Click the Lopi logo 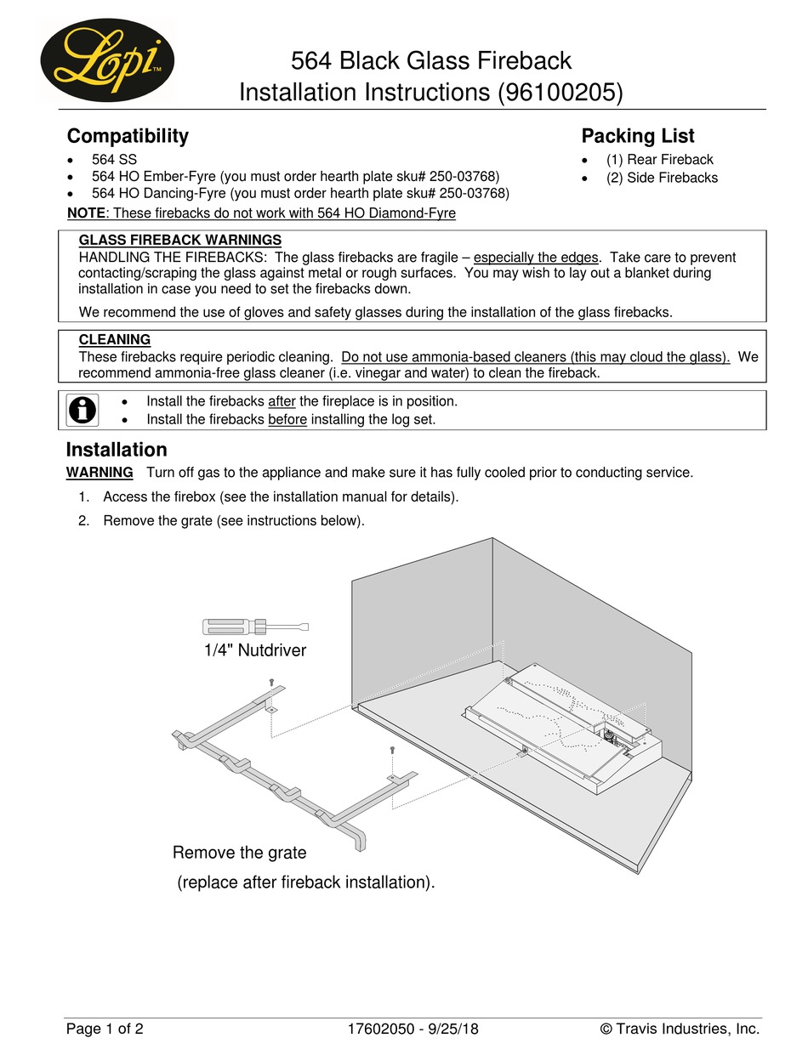pyautogui.click(x=107, y=60)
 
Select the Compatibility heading pyautogui.click(x=128, y=136)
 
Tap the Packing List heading pyautogui.click(x=637, y=136)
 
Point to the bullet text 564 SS pyautogui.click(x=114, y=160)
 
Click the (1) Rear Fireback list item pyautogui.click(x=659, y=160)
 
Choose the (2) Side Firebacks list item pyautogui.click(x=662, y=178)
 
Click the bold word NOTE pyautogui.click(x=86, y=213)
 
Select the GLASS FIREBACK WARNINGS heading pyautogui.click(x=179, y=241)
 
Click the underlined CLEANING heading pyautogui.click(x=115, y=340)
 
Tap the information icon pyautogui.click(x=83, y=410)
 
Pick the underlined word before pyautogui.click(x=287, y=419)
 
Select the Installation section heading pyautogui.click(x=117, y=450)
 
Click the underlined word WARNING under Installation pyautogui.click(x=100, y=473)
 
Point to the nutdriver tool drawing pyautogui.click(x=255, y=627)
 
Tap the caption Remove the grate pyautogui.click(x=239, y=853)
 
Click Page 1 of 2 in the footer pyautogui.click(x=105, y=1029)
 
